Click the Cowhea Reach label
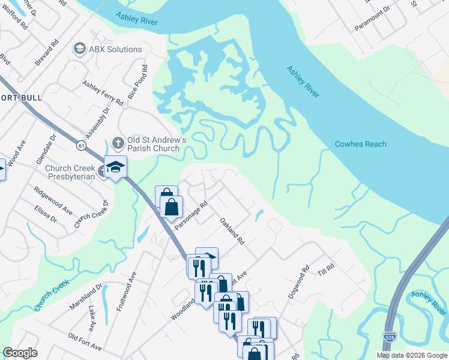coord(360,144)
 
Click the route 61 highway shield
coord(80,145)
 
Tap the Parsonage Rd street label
coord(191,215)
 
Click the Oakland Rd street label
coord(231,231)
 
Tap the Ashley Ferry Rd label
coord(103,94)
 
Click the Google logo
coord(20,353)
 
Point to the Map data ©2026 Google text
coord(412,355)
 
